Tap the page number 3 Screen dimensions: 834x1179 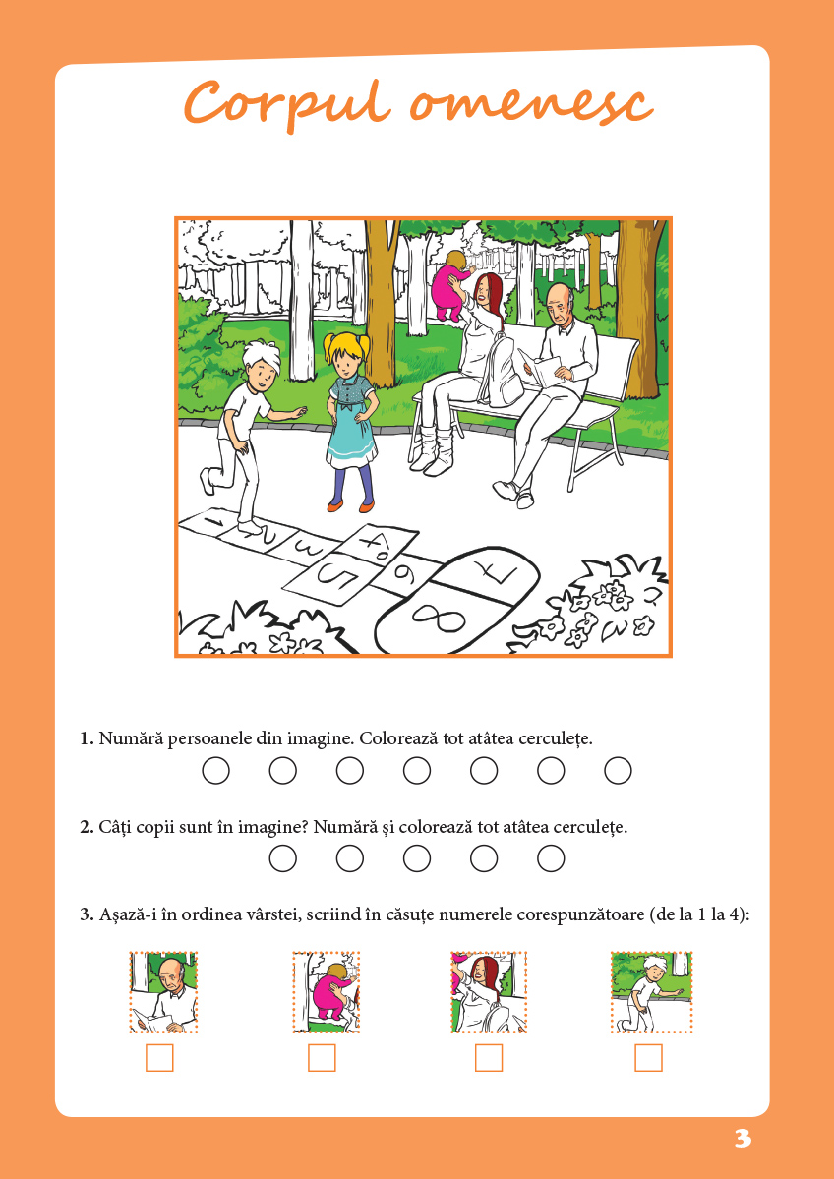pos(743,1139)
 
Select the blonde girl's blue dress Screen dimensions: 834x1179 pos(350,420)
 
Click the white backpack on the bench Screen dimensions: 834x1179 pos(502,373)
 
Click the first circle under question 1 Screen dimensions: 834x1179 pos(215,771)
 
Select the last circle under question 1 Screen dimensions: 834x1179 pos(619,771)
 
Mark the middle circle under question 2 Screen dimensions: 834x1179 pos(417,858)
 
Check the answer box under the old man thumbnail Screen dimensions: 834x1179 pos(159,1058)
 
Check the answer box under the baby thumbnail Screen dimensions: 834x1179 pos(322,1058)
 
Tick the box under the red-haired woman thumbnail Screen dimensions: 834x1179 pos(489,1058)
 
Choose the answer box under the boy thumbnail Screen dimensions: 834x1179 pos(648,1058)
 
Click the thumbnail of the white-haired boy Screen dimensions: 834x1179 pos(651,992)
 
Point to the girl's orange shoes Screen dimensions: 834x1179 pos(350,506)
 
